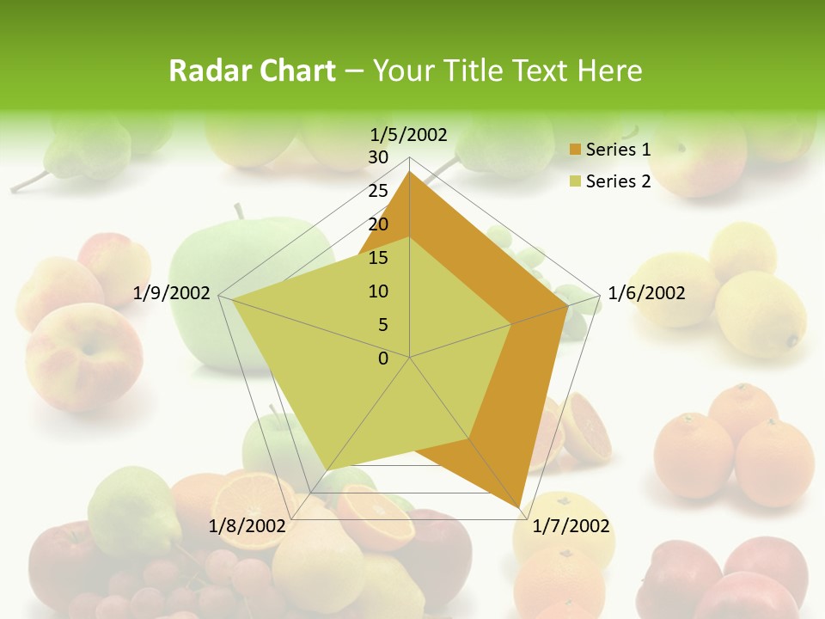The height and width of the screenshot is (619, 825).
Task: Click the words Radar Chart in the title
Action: [252, 70]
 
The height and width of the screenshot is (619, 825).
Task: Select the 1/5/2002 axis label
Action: [409, 134]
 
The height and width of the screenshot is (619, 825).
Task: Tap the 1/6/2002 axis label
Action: [646, 293]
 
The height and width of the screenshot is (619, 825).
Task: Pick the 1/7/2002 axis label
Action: [571, 526]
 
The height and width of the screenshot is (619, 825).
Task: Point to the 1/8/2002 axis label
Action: [247, 526]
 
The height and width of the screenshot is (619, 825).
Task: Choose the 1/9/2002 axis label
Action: [172, 293]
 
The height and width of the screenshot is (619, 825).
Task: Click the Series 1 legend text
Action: [618, 150]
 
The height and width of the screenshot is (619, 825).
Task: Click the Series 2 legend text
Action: [618, 181]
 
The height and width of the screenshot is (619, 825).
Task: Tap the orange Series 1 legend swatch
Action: [576, 150]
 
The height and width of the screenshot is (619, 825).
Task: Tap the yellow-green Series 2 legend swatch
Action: [576, 182]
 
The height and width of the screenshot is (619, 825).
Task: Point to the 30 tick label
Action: [378, 157]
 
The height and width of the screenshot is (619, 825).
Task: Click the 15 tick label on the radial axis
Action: [378, 258]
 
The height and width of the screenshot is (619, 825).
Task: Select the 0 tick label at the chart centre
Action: [383, 359]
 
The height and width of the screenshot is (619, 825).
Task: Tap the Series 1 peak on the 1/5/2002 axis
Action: [410, 171]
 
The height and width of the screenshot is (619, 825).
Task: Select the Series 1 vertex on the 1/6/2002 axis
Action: [568, 305]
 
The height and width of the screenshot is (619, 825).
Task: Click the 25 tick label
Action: [378, 191]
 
